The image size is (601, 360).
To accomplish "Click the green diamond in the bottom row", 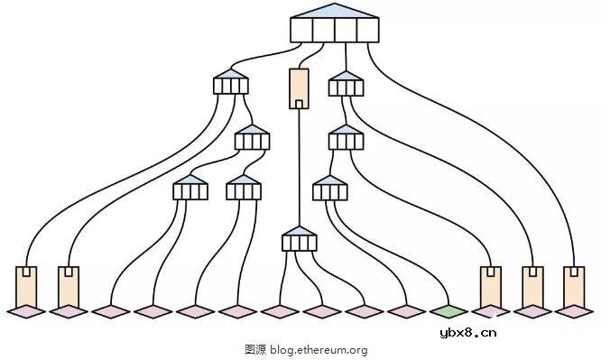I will click(448, 311).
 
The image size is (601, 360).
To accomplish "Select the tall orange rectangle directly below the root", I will click(299, 87).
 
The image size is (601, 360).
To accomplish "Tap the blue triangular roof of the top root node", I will click(335, 11).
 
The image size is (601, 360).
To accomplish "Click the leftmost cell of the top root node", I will click(301, 30).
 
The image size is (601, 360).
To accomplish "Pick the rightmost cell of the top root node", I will click(368, 30).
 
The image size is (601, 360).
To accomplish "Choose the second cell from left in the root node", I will click(324, 30).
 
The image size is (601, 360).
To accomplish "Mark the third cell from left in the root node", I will click(346, 30).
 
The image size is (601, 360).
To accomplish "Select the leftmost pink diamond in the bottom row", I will click(26, 311).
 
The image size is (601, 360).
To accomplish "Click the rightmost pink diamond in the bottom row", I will click(574, 311).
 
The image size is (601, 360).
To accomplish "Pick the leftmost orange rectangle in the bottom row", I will click(26, 286).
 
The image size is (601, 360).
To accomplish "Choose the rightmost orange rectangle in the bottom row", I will click(574, 286).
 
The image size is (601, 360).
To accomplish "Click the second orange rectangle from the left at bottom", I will click(69, 286).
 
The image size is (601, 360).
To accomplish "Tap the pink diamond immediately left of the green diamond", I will click(406, 311).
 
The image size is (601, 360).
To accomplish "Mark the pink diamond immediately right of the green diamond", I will click(491, 311).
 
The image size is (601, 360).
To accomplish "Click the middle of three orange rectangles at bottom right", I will click(532, 286).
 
